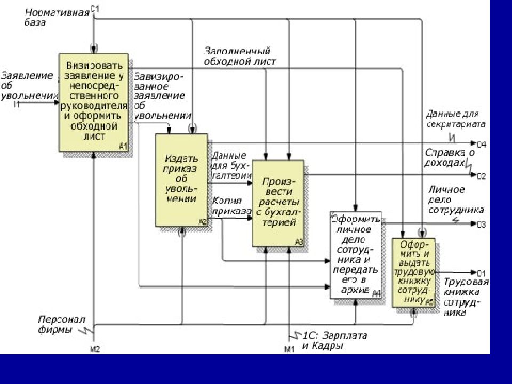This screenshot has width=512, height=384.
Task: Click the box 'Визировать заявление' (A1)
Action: pyautogui.click(x=94, y=101)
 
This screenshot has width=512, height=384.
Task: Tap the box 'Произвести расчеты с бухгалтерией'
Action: pyautogui.click(x=278, y=203)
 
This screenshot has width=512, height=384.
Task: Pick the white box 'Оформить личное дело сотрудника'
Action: pyautogui.click(x=356, y=254)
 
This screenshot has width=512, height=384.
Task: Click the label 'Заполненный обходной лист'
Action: pyautogui.click(x=240, y=56)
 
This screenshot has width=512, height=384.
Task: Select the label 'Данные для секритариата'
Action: pyautogui.click(x=455, y=118)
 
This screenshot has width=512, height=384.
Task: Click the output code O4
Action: pyautogui.click(x=481, y=144)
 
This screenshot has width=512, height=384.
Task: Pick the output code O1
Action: pyautogui.click(x=481, y=274)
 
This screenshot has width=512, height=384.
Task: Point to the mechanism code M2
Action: pyautogui.click(x=94, y=350)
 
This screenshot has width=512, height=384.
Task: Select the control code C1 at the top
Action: pyautogui.click(x=95, y=7)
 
